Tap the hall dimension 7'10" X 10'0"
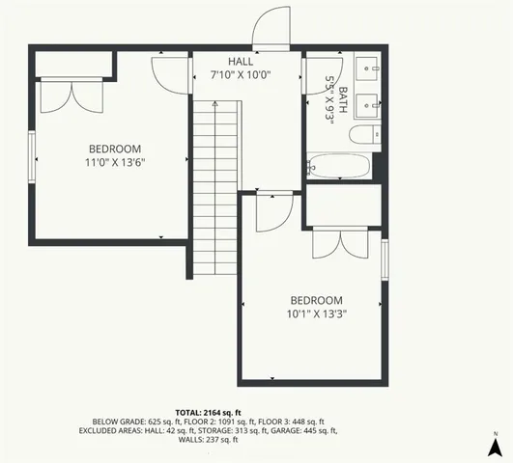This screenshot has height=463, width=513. [x=241, y=74]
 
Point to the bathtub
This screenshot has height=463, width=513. [x=339, y=166]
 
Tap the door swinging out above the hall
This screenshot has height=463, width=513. [x=271, y=29]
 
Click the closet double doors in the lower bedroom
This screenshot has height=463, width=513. [x=339, y=243]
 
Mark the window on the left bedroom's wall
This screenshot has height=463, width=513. [x=33, y=154]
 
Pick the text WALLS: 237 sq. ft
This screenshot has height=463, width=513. [x=209, y=441]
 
